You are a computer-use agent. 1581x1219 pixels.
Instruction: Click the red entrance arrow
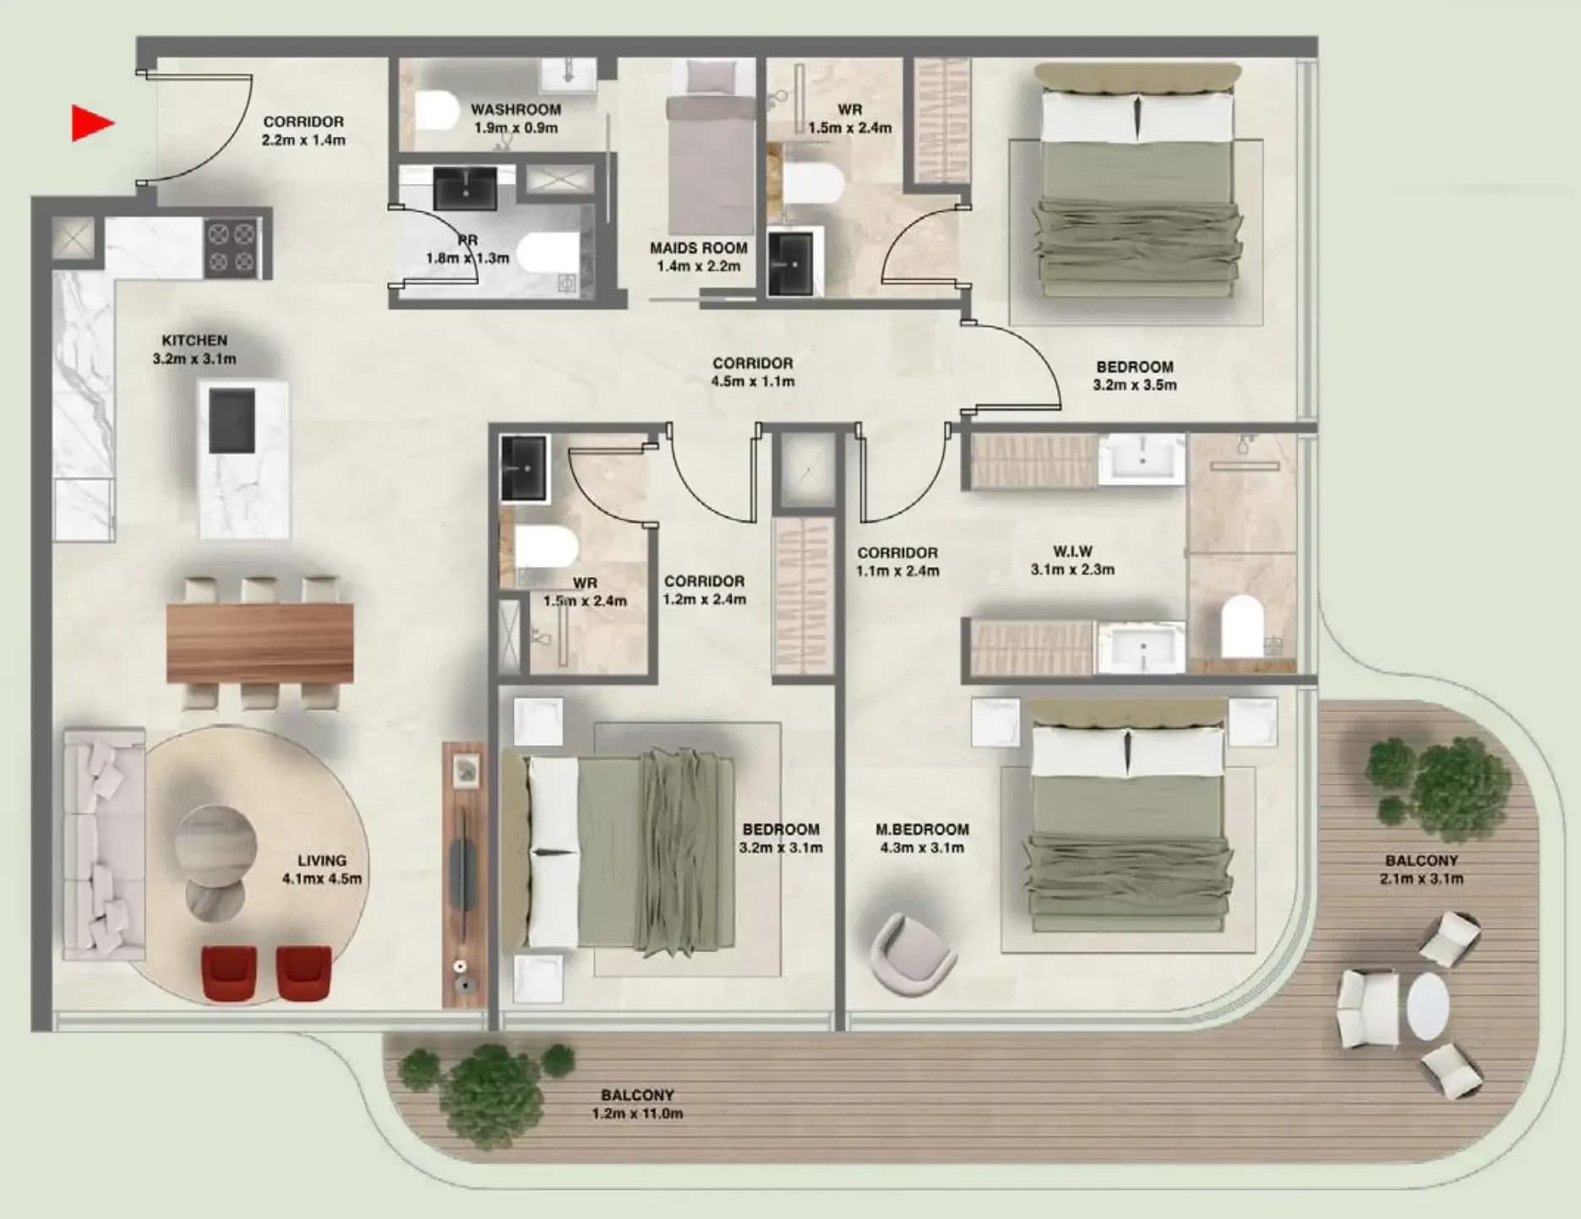tap(91, 123)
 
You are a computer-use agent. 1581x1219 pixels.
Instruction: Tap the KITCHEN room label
tap(194, 340)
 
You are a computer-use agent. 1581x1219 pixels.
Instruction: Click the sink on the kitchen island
tap(232, 420)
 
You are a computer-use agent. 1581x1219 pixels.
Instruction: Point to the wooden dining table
tap(259, 642)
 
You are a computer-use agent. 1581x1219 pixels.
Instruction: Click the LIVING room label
tap(322, 861)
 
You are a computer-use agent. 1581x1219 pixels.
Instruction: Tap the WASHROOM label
tap(515, 110)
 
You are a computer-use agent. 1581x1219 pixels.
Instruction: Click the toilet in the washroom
tap(436, 110)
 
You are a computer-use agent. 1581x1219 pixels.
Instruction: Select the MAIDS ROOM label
tap(699, 248)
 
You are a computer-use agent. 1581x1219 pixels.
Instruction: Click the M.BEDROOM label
tap(922, 830)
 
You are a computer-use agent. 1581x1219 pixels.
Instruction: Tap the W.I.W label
tap(1072, 552)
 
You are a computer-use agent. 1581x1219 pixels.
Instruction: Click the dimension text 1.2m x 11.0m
tap(637, 1113)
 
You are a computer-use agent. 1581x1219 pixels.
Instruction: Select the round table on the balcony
tap(1428, 1007)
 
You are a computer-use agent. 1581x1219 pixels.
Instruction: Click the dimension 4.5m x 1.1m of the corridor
tap(753, 382)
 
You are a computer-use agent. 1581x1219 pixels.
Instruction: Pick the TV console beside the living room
tap(464, 874)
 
